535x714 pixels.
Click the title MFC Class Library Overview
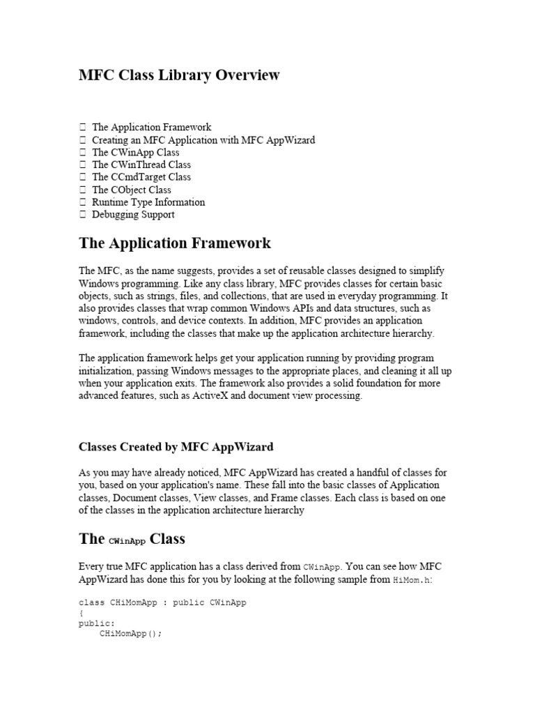[179, 75]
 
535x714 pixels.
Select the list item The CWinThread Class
[141, 165]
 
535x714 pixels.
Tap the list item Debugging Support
[133, 215]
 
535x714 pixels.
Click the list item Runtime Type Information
[148, 202]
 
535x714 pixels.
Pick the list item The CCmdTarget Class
[141, 177]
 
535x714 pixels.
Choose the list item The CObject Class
[132, 190]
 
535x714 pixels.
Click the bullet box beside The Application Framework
[83, 128]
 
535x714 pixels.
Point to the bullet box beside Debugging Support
[83, 215]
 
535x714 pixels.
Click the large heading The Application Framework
[175, 243]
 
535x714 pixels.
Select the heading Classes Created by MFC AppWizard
[176, 446]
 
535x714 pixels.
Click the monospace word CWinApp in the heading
[127, 540]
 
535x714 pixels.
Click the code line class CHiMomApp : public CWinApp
[162, 602]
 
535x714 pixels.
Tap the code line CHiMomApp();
[131, 635]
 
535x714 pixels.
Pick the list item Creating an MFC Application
[203, 140]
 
